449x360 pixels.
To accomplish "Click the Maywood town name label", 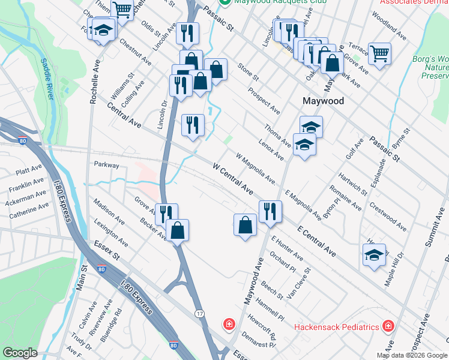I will click(323, 101).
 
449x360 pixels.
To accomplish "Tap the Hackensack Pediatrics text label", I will click(337, 327).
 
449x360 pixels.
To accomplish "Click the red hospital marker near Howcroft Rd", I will click(229, 325).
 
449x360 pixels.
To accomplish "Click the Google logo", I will click(20, 353).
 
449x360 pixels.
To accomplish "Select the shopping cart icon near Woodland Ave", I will click(379, 54).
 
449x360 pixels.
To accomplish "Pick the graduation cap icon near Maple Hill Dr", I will click(374, 254).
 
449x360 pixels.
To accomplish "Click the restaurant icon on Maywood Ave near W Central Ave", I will click(270, 211).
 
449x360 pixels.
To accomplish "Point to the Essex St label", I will click(107, 250).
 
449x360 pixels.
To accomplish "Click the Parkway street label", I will click(106, 164).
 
